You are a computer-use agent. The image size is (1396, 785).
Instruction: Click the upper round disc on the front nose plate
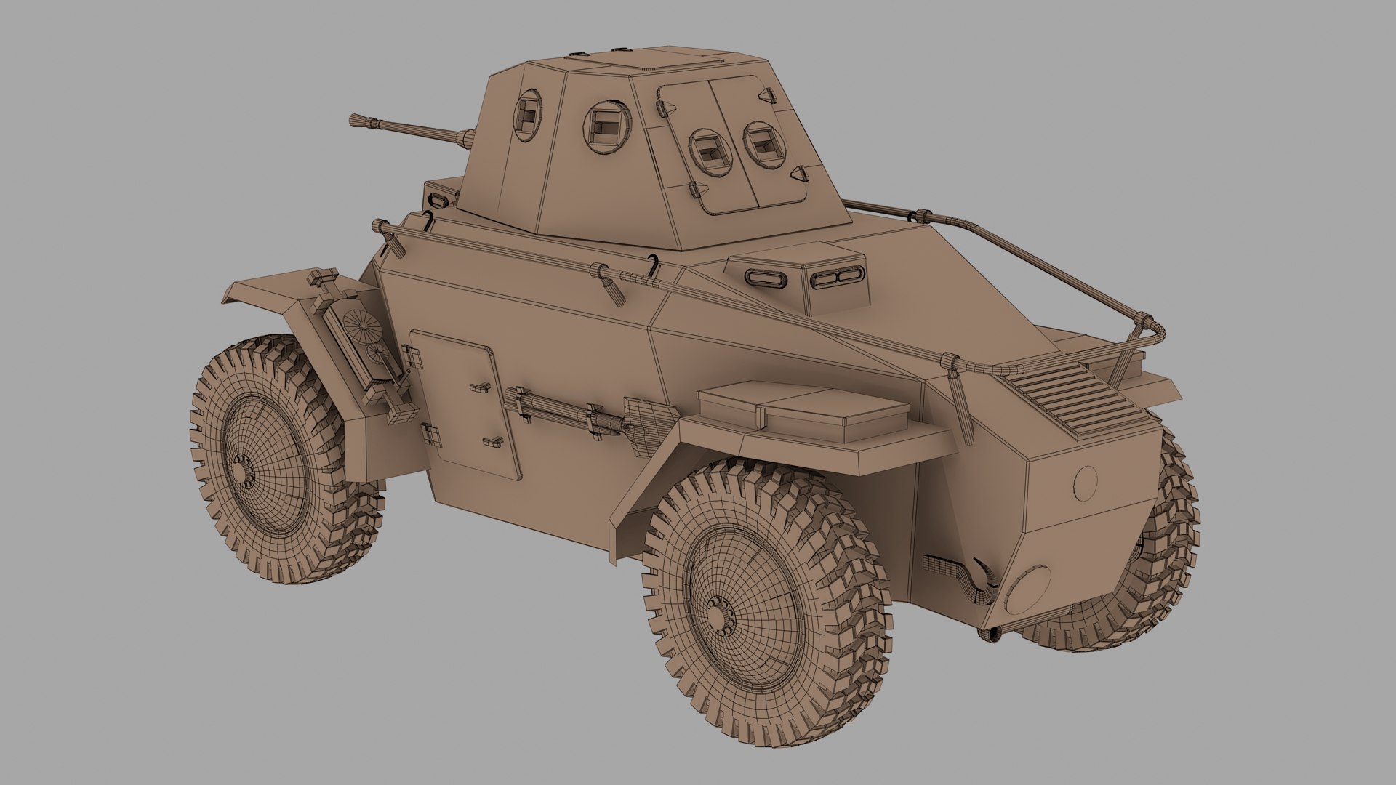1086,482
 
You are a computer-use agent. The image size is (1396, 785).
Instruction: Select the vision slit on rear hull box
442,198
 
